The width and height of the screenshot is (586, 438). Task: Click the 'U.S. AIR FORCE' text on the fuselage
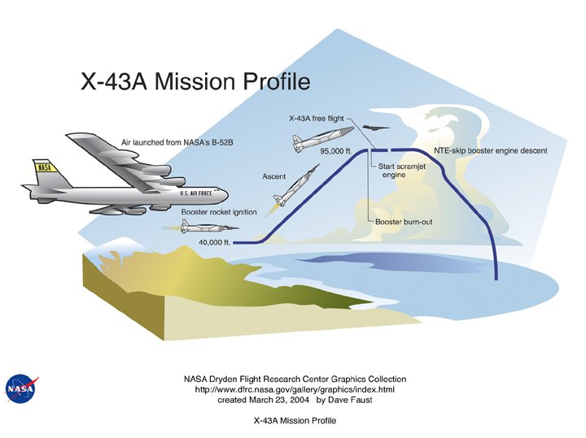(196, 193)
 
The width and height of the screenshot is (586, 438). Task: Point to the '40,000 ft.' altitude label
(216, 242)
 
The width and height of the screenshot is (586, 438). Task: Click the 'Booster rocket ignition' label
(208, 212)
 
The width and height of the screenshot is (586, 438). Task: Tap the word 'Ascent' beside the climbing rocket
(273, 176)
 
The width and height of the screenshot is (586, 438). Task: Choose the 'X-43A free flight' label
(316, 118)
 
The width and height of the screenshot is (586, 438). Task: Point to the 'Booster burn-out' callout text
(403, 221)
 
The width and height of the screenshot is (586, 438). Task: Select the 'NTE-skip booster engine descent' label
(491, 151)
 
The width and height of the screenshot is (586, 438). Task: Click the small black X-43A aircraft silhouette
(376, 128)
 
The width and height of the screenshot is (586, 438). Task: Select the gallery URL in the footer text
(295, 390)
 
